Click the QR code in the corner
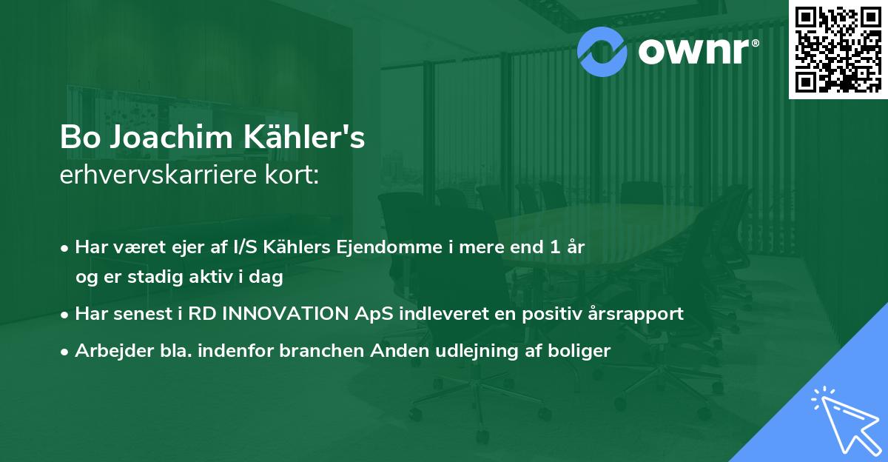click(838, 49)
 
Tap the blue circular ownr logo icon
click(602, 50)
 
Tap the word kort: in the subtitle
click(295, 176)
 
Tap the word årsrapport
click(639, 313)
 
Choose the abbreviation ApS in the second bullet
click(373, 313)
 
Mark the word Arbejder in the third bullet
click(107, 350)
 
